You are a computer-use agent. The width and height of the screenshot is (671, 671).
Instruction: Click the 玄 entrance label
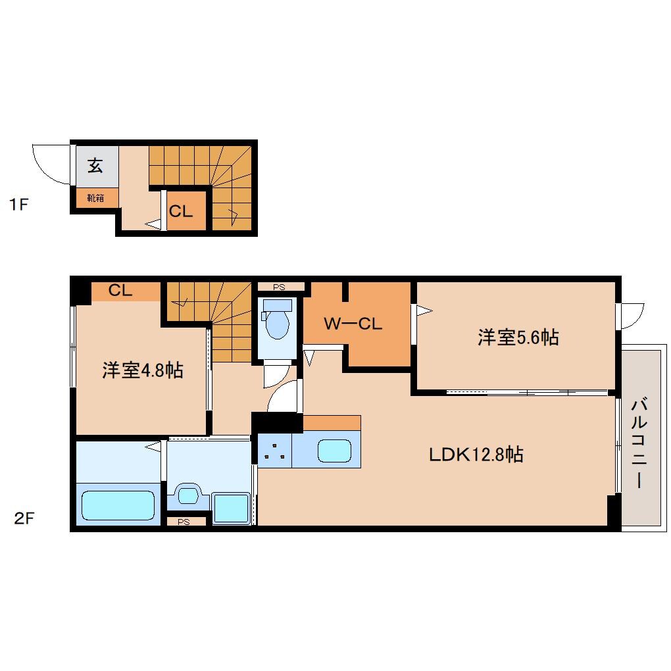[95, 165]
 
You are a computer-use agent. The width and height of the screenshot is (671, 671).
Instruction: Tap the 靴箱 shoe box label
[95, 198]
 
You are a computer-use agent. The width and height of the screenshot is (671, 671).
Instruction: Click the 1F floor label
[19, 204]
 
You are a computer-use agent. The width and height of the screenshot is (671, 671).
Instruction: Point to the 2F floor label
[24, 518]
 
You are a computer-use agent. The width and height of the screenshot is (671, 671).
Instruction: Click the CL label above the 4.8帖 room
[120, 291]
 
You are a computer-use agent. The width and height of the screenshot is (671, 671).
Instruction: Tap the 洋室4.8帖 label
[143, 370]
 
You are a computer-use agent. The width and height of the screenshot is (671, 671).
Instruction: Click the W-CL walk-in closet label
[353, 324]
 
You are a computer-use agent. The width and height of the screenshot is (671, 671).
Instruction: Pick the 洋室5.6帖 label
[518, 337]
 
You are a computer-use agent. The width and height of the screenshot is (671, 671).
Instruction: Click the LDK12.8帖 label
[476, 454]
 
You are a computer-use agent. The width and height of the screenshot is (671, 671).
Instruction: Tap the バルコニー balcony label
[639, 443]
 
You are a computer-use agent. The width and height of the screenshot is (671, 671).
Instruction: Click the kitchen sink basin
[334, 451]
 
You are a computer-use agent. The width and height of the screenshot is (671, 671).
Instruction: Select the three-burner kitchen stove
[275, 451]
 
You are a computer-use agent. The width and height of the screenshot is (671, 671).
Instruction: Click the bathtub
[118, 505]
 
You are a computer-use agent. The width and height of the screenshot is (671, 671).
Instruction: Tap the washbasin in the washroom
[187, 495]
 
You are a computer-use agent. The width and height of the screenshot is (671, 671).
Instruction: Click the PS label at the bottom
[184, 522]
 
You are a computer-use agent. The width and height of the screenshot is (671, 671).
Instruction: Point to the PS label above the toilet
[279, 287]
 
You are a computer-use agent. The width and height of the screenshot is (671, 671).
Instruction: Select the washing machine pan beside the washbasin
[231, 509]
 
